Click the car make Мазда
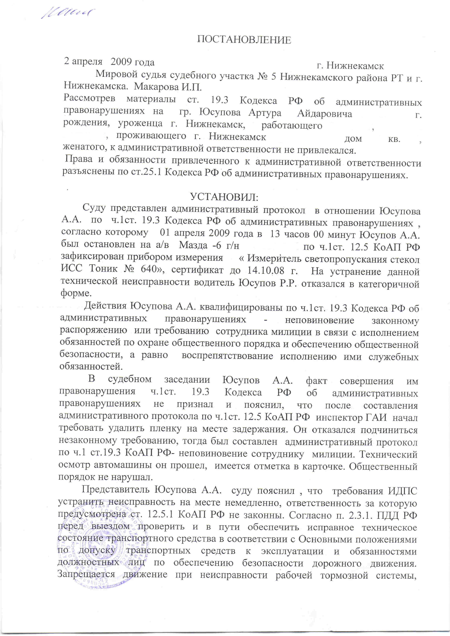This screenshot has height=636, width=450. (193, 245)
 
